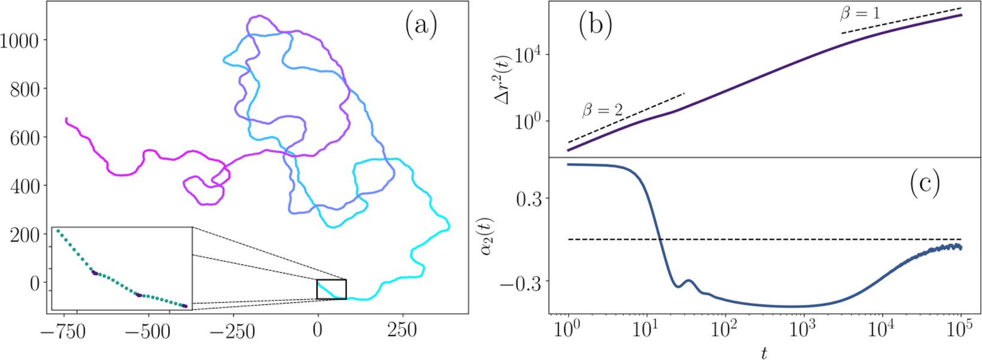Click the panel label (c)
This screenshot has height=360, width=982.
925,184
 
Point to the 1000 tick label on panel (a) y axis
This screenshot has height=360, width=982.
19,41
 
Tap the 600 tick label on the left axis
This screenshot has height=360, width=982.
25,138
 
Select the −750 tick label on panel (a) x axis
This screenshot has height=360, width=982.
63,331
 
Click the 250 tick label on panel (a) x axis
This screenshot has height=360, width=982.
402,331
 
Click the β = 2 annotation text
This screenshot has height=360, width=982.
602,111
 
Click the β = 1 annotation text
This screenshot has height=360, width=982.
860,14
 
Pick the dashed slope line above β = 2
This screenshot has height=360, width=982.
625,118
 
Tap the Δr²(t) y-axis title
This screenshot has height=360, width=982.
504,79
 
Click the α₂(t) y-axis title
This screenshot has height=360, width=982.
489,236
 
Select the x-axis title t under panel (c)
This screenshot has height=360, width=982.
764,353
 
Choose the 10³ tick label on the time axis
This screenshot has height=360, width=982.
804,330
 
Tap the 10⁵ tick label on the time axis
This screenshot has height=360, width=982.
961,330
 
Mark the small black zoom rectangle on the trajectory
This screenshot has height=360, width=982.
331,289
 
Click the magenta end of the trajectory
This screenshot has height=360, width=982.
66,119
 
